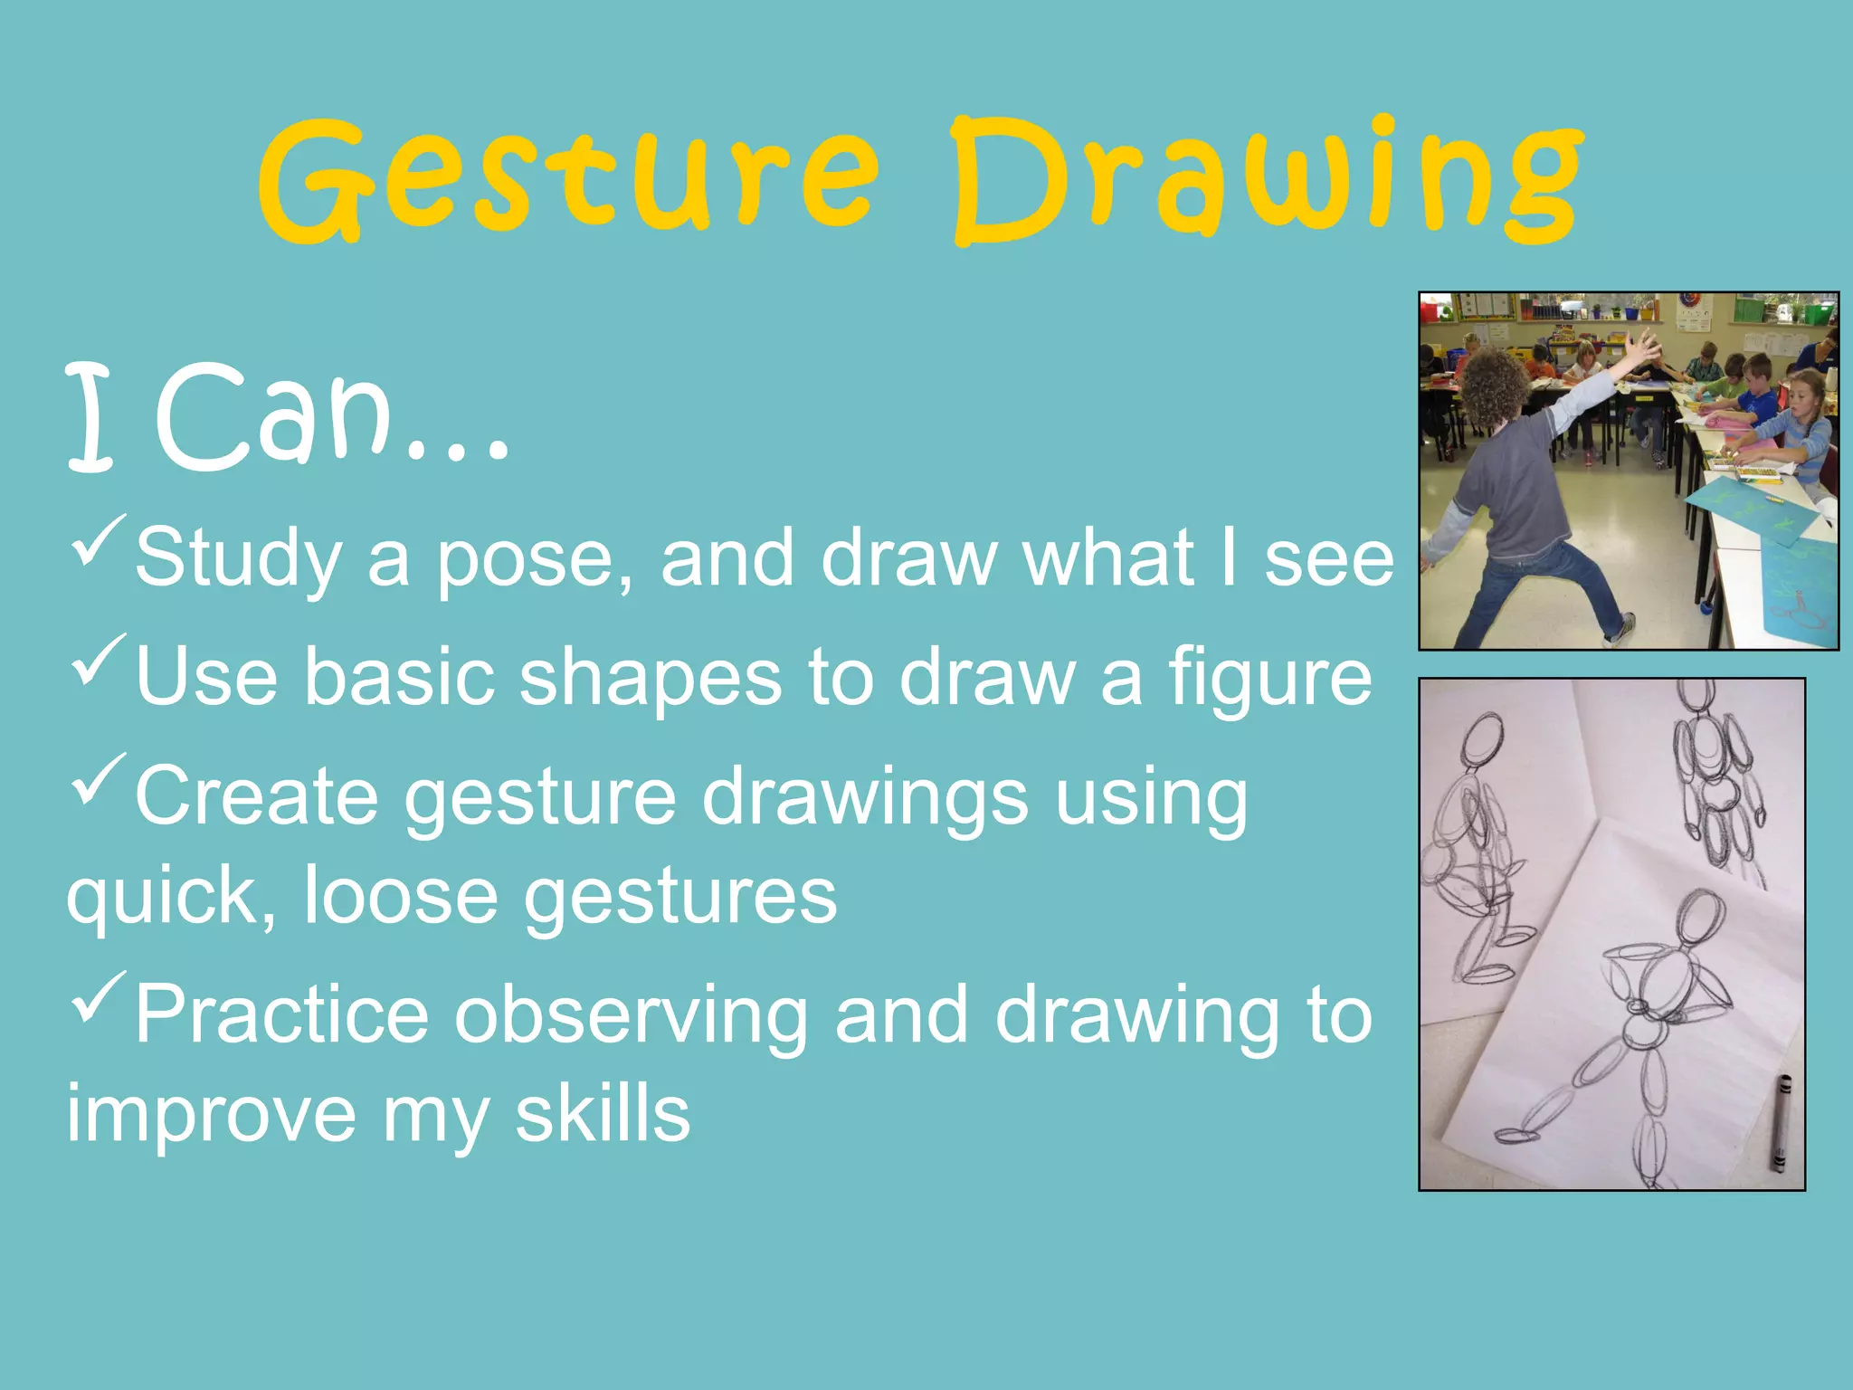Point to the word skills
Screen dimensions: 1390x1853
[x=603, y=1115]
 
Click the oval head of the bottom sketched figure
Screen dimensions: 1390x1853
[x=1699, y=919]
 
